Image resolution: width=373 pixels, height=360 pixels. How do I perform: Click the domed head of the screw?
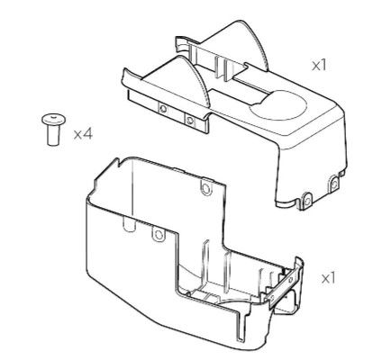pos(54,120)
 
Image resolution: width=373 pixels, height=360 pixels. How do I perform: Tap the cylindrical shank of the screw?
pos(53,135)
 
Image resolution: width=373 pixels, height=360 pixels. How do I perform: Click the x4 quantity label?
pos(83,134)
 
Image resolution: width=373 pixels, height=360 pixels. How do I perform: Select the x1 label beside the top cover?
pos(319,66)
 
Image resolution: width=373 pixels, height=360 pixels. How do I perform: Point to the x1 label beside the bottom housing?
pos(328,279)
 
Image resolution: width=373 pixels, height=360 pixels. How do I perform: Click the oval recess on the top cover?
pos(277,105)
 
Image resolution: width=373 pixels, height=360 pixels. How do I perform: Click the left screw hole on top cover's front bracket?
pos(163,108)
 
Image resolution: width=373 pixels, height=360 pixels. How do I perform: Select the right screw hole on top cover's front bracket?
pos(189,121)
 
